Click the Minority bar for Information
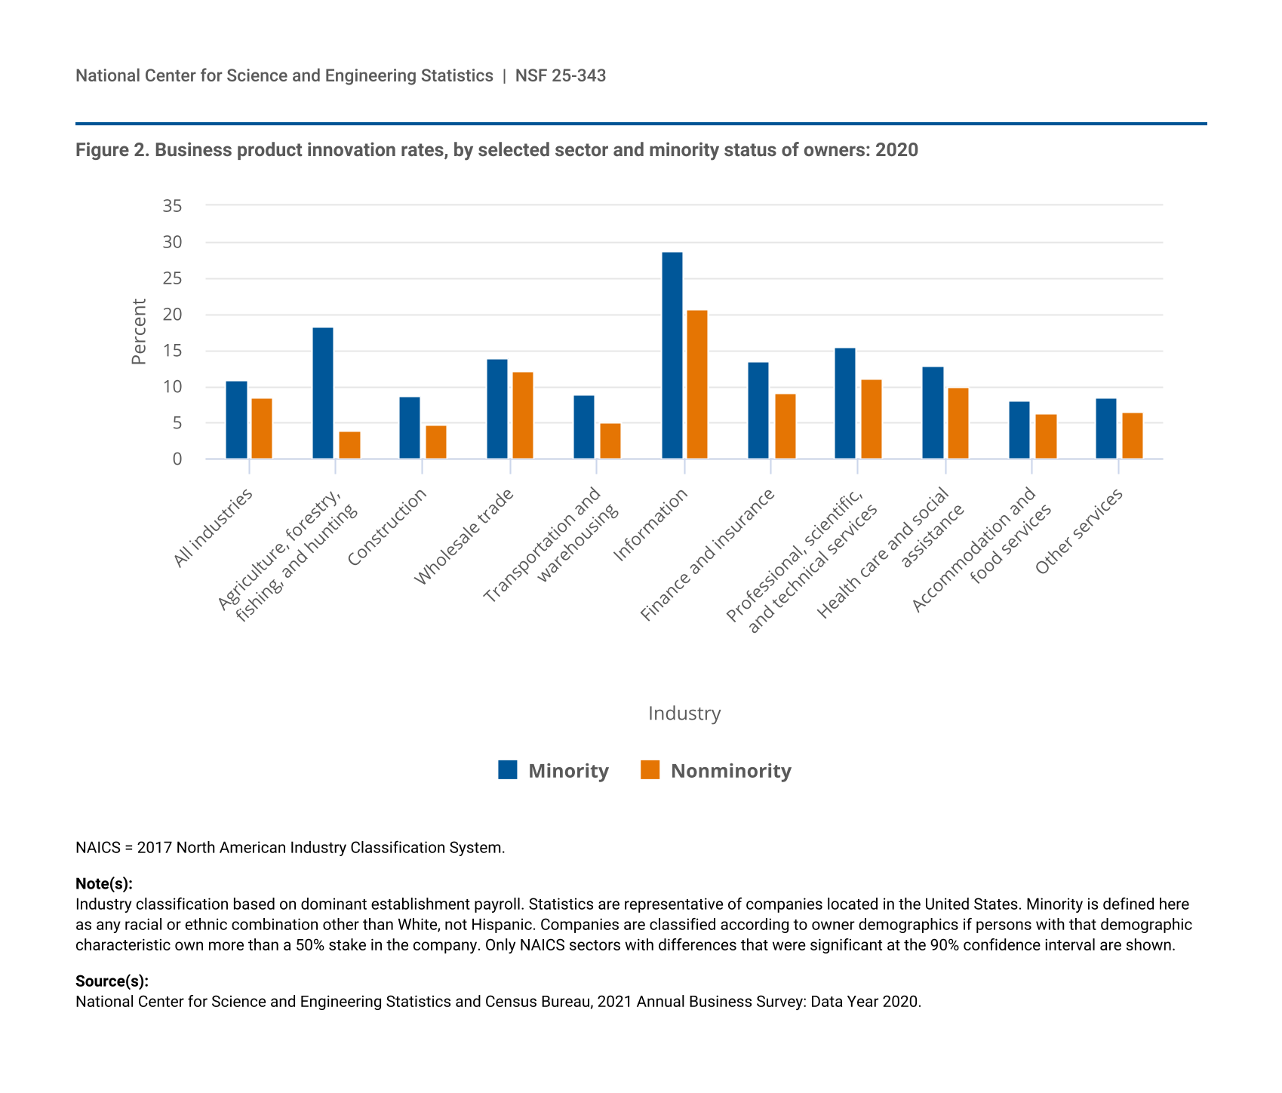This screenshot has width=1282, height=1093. [x=672, y=355]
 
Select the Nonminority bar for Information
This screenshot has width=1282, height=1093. [x=697, y=385]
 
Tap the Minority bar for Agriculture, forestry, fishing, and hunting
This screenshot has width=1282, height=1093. [x=322, y=393]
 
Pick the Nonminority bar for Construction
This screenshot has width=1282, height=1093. [x=436, y=442]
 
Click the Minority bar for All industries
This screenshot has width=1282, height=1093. [x=236, y=420]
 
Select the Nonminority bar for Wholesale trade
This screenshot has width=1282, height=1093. [x=523, y=416]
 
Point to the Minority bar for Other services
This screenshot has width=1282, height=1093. [x=1106, y=428]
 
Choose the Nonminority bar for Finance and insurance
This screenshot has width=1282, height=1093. [x=785, y=426]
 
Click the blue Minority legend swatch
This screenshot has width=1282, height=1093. [x=508, y=770]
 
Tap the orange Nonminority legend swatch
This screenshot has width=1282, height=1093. [x=650, y=770]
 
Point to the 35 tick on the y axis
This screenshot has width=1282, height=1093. [x=172, y=206]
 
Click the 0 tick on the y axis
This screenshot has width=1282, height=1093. [x=177, y=459]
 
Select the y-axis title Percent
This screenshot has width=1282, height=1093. [x=139, y=332]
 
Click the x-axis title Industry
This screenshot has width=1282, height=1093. [x=684, y=714]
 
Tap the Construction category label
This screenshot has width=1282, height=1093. [x=388, y=527]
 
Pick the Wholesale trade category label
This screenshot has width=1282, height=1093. [x=464, y=536]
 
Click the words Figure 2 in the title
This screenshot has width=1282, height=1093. [x=111, y=150]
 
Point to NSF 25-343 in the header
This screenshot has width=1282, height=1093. [x=561, y=75]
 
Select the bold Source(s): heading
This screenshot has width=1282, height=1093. [x=112, y=981]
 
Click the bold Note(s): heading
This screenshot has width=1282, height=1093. [x=104, y=884]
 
